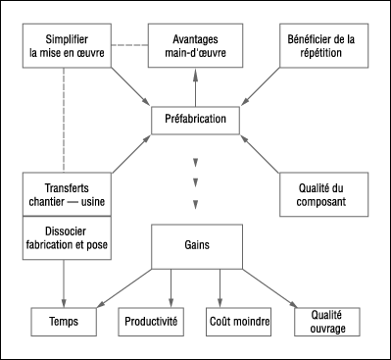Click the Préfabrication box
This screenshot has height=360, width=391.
point(196,120)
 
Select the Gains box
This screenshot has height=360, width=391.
point(196,246)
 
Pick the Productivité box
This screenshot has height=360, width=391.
point(151,321)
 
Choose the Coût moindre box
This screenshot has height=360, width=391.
point(239,321)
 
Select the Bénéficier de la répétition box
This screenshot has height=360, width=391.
point(322,45)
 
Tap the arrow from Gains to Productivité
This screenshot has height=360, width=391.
point(172,286)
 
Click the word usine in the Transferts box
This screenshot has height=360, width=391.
point(89,202)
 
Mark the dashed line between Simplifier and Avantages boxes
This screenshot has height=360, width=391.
point(127,45)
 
